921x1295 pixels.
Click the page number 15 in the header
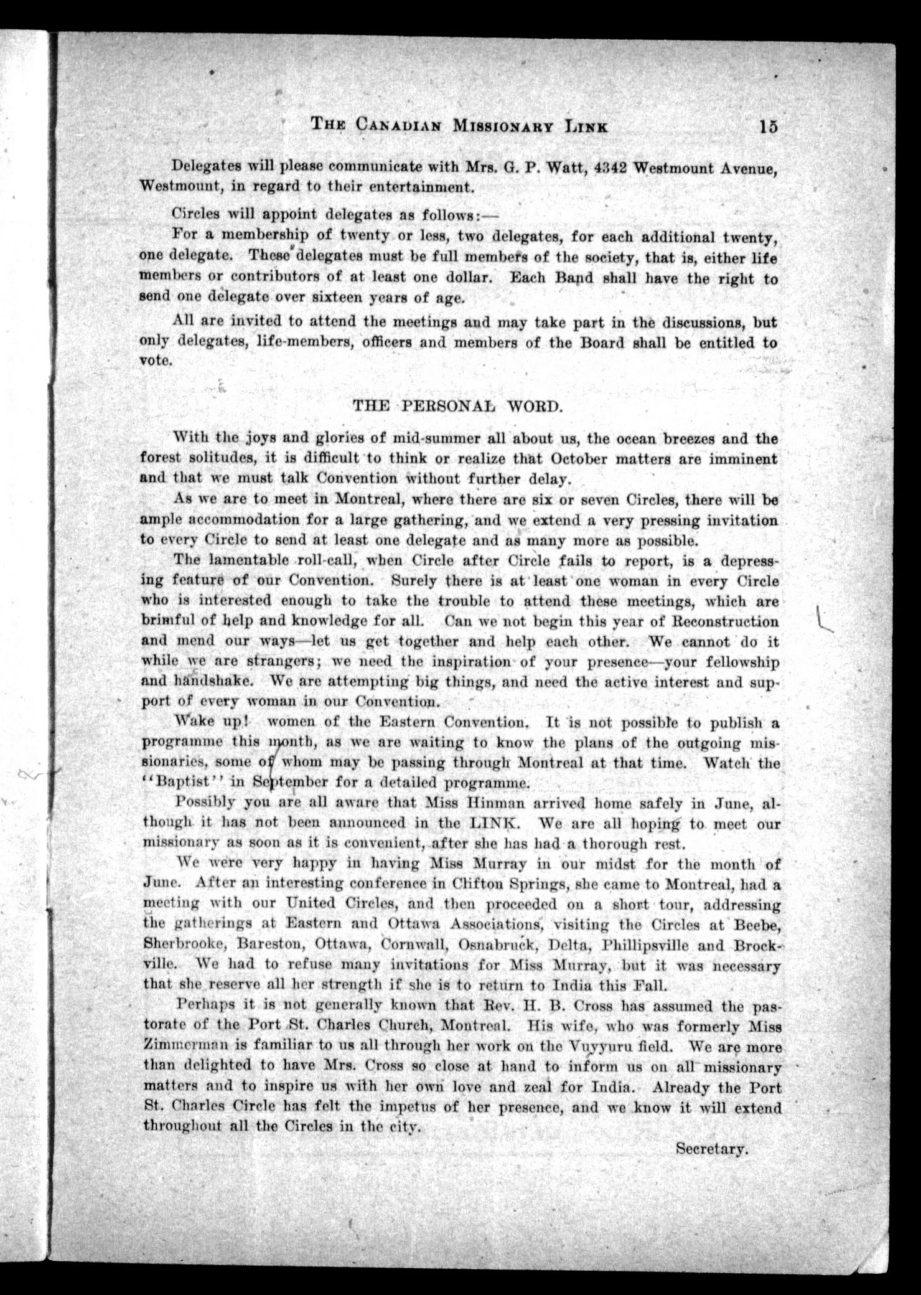coord(767,126)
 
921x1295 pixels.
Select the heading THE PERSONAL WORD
coord(458,407)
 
